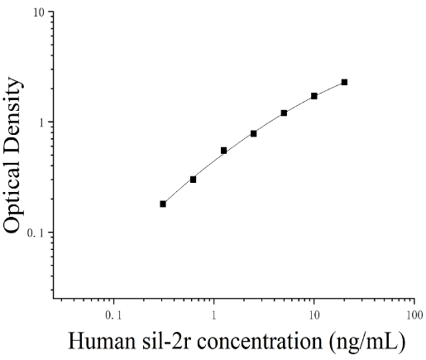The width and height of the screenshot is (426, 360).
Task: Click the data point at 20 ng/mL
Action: click(344, 82)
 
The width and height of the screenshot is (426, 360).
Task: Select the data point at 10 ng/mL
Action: click(314, 96)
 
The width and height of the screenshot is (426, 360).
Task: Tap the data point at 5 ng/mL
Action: click(284, 113)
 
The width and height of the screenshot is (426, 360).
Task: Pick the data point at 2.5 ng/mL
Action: click(254, 134)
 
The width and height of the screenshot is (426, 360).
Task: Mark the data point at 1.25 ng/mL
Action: click(223, 151)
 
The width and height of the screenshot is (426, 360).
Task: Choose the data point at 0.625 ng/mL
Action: click(193, 180)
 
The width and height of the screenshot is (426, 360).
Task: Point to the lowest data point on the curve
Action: click(163, 204)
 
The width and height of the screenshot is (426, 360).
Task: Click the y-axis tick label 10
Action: click(39, 12)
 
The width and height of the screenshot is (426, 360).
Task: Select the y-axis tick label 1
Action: click(41, 123)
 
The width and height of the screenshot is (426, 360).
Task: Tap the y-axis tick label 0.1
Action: click(36, 233)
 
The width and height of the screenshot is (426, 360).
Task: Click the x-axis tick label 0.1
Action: click(113, 315)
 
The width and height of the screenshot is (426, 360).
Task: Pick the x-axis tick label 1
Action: click(213, 315)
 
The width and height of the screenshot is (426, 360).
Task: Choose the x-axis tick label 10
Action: click(314, 315)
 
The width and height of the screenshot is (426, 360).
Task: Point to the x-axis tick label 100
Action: click(414, 315)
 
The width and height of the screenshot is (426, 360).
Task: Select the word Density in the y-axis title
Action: click(12, 115)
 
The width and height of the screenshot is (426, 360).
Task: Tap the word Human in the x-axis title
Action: click(102, 341)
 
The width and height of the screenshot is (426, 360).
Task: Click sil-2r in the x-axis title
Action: click(166, 341)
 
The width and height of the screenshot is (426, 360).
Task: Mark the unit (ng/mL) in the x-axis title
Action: click(367, 342)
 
